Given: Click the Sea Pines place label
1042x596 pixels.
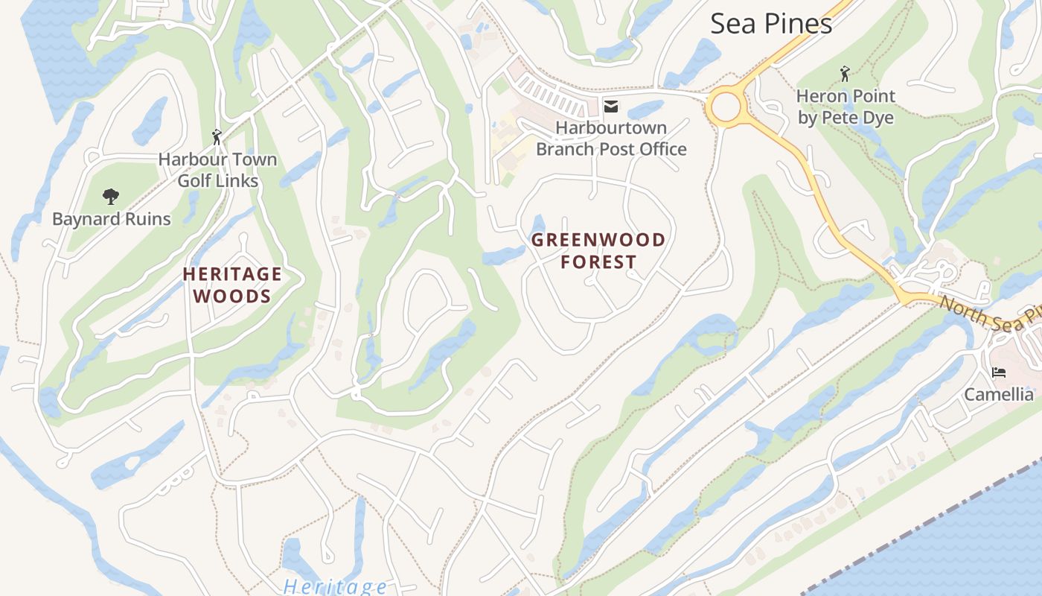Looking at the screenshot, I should coord(770,24).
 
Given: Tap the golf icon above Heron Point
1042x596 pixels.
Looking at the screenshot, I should coord(845,74).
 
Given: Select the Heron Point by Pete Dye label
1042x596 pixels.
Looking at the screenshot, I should coord(846,107).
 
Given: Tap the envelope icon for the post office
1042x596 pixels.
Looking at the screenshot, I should coord(611,107).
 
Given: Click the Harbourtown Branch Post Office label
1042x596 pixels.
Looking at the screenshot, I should coord(611,139).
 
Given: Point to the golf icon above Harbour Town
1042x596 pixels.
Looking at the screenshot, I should coord(217,137).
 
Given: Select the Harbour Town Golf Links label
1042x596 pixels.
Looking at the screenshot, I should coord(217,170).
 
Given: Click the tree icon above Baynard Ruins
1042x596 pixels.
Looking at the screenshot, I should coord(111,197).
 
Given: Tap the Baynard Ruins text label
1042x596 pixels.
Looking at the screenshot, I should coord(111,219).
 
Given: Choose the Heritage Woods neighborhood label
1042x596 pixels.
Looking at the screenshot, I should coord(232,285).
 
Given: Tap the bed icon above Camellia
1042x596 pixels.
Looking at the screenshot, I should coord(998,372).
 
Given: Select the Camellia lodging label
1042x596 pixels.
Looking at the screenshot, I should coord(998,394).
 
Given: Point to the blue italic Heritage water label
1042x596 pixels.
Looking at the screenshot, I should coord(335,586).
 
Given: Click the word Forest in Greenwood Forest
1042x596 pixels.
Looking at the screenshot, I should coord(598,262).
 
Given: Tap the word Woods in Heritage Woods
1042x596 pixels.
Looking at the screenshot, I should coord(232,297).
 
